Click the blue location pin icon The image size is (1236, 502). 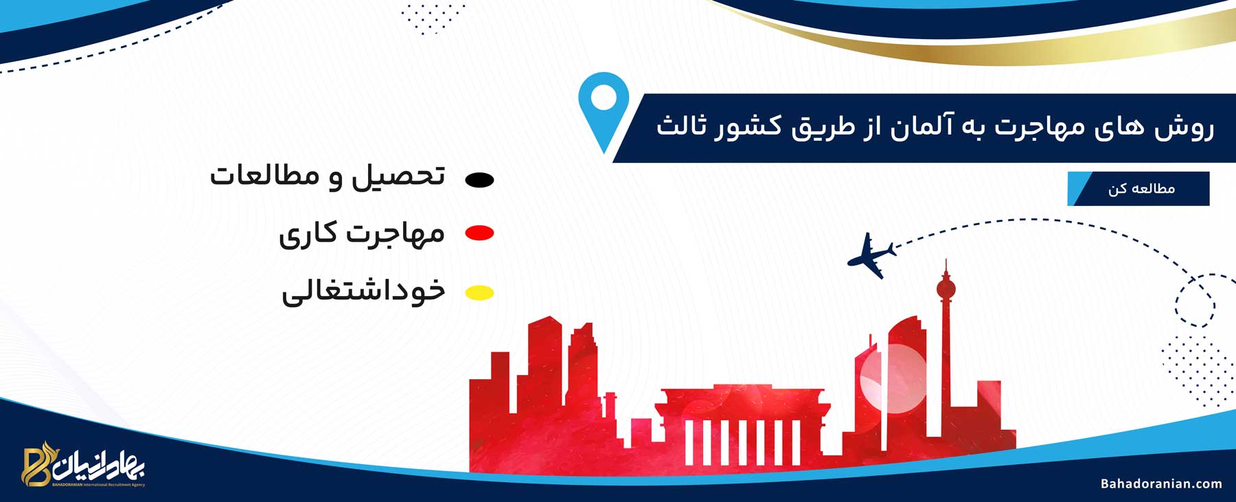(604, 103)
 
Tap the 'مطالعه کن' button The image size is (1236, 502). (1138, 189)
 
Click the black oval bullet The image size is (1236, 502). (480, 180)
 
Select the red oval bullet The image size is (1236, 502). (480, 233)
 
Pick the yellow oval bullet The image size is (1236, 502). (480, 293)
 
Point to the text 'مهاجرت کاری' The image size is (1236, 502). (362, 234)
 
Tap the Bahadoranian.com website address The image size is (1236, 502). (1161, 483)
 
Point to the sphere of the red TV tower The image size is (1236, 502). (946, 288)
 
